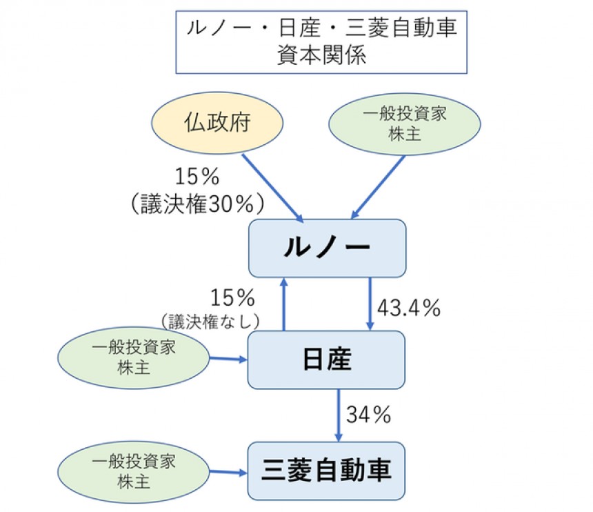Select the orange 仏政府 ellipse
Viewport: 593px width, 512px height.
click(x=218, y=124)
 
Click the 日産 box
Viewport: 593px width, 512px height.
click(x=327, y=359)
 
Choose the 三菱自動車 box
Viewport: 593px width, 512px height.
click(x=327, y=471)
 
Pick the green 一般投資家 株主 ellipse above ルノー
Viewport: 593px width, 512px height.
click(x=404, y=124)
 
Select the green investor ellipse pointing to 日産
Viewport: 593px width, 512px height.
click(x=133, y=357)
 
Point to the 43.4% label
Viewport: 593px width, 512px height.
click(x=409, y=308)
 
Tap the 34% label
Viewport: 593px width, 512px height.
click(x=369, y=415)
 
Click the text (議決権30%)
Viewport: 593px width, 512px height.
click(x=197, y=204)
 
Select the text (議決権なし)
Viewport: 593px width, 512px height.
click(x=210, y=320)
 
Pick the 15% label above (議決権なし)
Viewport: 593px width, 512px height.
click(x=233, y=297)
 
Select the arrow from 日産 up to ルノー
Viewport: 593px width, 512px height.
click(x=283, y=304)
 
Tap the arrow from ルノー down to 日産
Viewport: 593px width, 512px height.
click(x=371, y=304)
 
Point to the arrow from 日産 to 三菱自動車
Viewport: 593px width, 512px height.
click(x=339, y=414)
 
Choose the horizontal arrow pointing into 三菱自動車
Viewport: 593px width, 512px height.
click(x=228, y=473)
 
